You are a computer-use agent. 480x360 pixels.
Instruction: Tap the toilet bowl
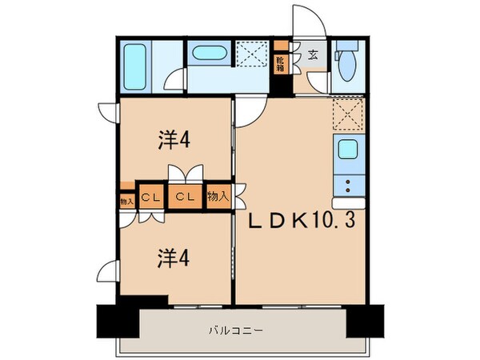[347, 69]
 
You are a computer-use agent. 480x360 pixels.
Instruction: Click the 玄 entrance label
[314, 57]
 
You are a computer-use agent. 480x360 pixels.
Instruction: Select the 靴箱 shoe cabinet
[281, 63]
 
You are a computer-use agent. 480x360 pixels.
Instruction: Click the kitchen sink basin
[349, 150]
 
